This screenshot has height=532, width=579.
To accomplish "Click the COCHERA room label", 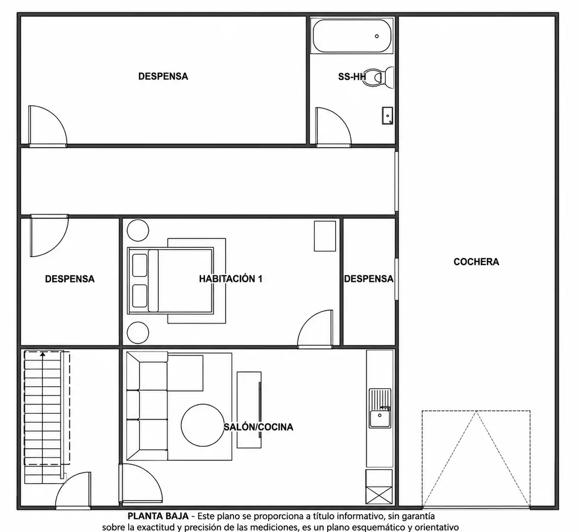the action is [x=476, y=262].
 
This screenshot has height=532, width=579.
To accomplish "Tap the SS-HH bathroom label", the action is [x=352, y=76].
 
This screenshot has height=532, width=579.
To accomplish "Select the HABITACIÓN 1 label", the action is [x=231, y=279].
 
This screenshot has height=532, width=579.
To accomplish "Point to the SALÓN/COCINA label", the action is [x=258, y=427].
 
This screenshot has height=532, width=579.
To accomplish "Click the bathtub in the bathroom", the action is [x=352, y=36].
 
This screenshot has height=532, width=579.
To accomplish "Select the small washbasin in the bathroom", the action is [x=387, y=116].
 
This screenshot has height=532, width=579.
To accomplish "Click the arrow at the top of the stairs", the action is [x=43, y=355].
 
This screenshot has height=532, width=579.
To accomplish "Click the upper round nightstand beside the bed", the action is [x=138, y=231].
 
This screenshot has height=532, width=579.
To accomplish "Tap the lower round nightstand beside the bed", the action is [x=138, y=332].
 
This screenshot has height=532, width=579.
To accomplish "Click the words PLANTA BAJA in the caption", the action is [x=158, y=516].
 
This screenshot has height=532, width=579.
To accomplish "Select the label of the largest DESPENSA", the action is [x=163, y=76].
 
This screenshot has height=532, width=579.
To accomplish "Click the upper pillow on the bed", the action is [x=139, y=265].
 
